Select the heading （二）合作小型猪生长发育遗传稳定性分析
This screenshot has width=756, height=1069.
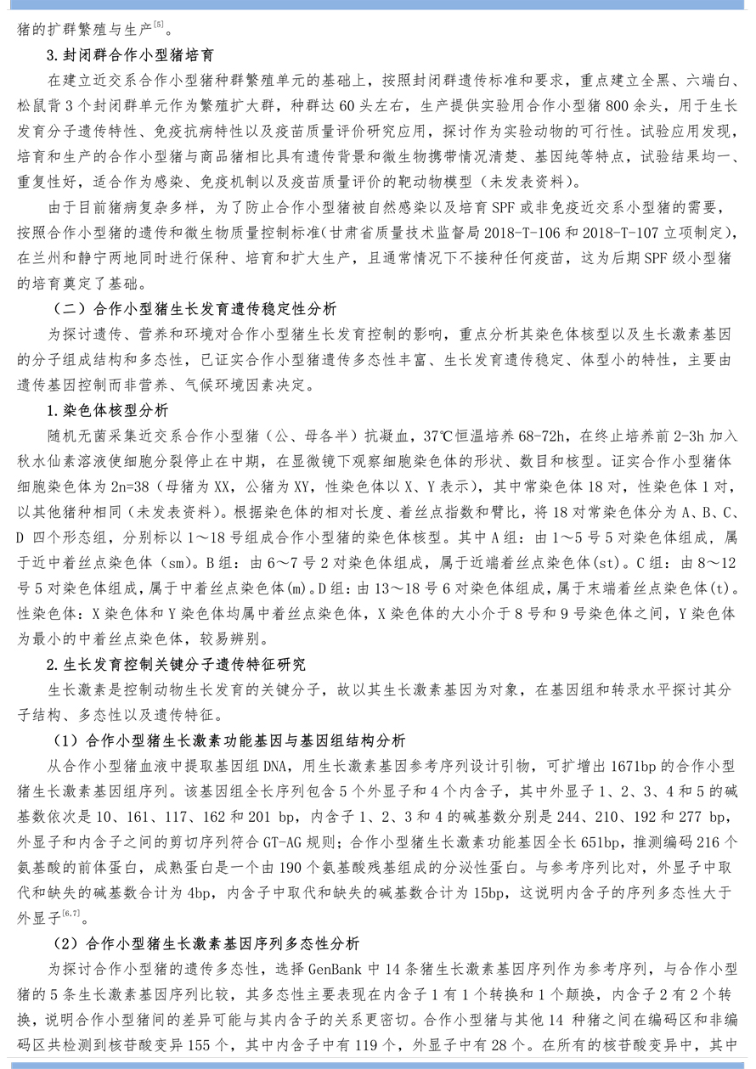(x=194, y=308)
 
